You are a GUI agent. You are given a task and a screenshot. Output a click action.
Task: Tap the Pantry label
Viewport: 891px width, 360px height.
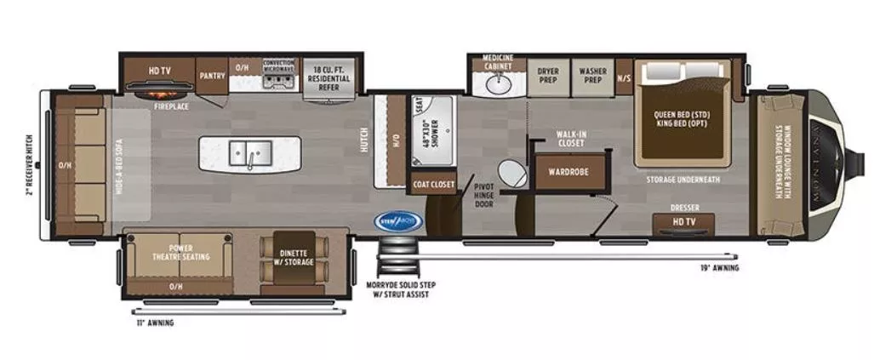pos(212,75)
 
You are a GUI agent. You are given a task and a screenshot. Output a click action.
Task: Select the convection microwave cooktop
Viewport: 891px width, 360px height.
pos(278,82)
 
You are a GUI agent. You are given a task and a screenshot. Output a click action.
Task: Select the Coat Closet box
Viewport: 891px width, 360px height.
pos(433,184)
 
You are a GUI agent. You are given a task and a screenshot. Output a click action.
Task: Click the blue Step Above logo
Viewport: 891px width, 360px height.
pos(398,220)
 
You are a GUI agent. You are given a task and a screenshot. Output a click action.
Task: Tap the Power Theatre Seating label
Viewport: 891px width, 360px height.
pos(180,252)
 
